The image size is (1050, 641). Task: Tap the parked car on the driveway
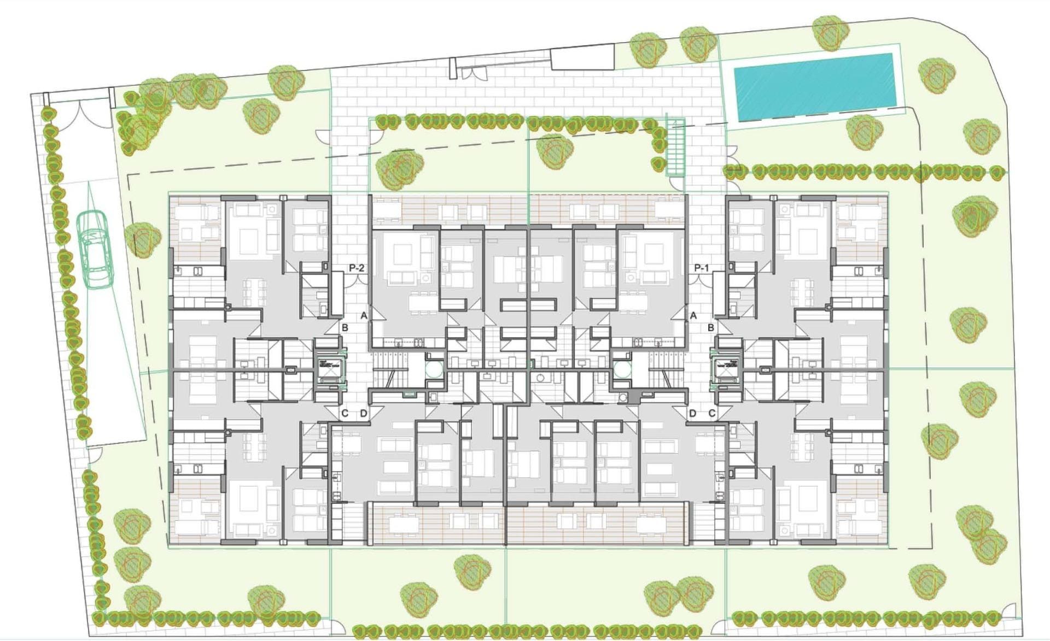(94, 249)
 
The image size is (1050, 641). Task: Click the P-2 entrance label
(357, 268)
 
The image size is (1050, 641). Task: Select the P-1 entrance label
(702, 268)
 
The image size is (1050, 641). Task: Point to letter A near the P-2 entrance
(364, 315)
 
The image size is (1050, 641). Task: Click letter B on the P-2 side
(345, 327)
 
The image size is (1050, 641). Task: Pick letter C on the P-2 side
(345, 413)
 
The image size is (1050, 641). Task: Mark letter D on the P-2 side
(364, 413)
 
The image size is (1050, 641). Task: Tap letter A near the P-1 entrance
(693, 315)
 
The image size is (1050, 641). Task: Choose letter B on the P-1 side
(711, 327)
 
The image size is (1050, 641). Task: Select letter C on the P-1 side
(711, 413)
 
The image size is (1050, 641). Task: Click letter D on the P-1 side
(692, 413)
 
